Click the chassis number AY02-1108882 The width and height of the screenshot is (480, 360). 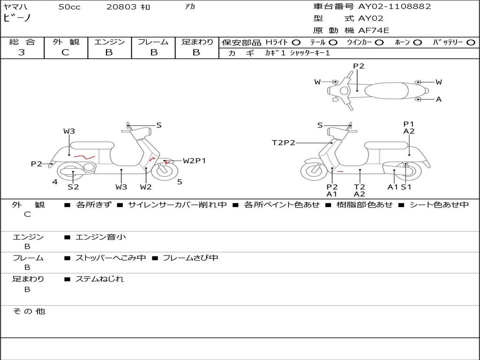394,7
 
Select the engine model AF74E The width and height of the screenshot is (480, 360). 374,30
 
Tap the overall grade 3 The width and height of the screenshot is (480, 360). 21,52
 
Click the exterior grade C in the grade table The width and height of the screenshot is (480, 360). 66,52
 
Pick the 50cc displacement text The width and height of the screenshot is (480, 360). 69,7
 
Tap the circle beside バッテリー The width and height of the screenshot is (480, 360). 471,43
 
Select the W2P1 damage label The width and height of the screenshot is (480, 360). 194,161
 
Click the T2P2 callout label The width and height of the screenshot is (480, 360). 284,142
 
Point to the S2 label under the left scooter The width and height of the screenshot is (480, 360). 73,187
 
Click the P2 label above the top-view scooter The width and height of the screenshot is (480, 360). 359,66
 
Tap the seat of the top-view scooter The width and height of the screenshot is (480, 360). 386,91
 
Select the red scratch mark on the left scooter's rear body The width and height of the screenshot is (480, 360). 84,157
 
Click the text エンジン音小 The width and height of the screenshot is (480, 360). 101,237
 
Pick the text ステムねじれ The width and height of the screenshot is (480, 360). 100,279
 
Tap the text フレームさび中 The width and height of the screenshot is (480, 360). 190,258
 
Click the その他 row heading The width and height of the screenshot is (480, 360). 29,311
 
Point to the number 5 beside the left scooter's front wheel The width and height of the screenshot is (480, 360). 180,182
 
